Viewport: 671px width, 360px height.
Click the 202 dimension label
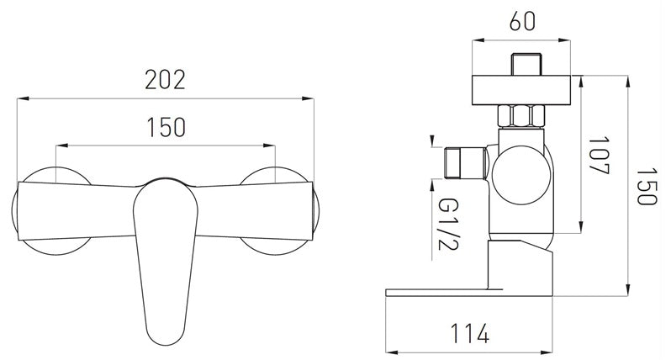(x=165, y=80)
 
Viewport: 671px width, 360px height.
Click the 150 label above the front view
(x=166, y=127)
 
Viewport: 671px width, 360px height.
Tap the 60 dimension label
(x=522, y=21)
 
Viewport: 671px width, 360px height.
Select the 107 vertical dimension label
(x=599, y=156)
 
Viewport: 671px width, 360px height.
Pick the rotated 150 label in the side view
(x=646, y=187)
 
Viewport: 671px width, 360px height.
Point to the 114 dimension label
(x=469, y=333)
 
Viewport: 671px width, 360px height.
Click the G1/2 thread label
(x=448, y=224)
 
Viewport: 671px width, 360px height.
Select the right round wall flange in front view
(x=279, y=210)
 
